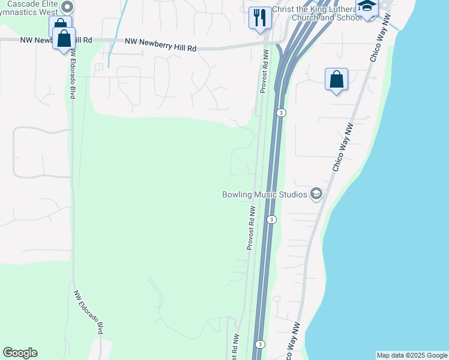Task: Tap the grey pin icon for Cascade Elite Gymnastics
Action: pyautogui.click(x=67, y=7)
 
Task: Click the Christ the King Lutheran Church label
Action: pyautogui.click(x=316, y=13)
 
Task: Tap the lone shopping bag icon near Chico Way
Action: pyautogui.click(x=336, y=79)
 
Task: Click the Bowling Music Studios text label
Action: pyautogui.click(x=265, y=194)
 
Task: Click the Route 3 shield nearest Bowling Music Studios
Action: pyautogui.click(x=272, y=220)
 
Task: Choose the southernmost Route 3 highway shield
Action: pyautogui.click(x=259, y=344)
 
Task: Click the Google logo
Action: pyautogui.click(x=20, y=353)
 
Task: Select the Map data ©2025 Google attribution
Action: pyautogui.click(x=412, y=355)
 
